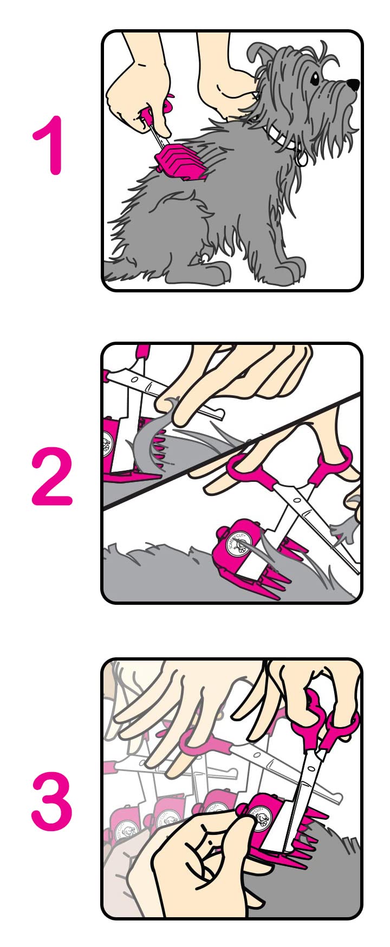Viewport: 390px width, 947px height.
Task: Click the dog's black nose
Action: (353, 84)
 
